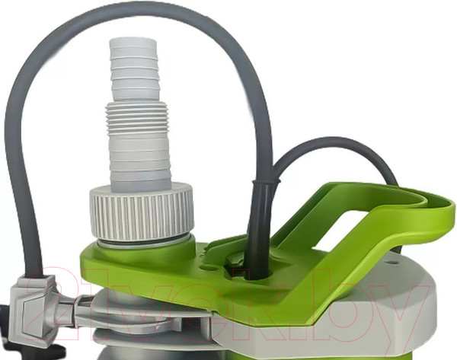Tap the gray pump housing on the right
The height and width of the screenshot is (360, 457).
411,304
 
